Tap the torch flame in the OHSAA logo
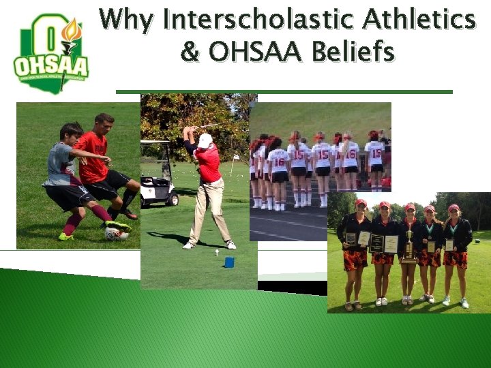click(70, 30)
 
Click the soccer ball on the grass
click(115, 234)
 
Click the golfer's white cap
click(205, 140)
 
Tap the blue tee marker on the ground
click(229, 262)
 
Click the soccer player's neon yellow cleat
click(65, 236)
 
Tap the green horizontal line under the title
click(284, 91)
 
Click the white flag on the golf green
click(236, 157)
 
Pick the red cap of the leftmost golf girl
click(361, 202)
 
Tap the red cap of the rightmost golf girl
click(453, 207)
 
